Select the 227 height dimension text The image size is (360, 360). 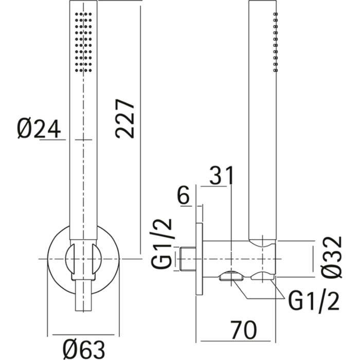125,118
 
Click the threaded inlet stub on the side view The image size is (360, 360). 188,259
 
